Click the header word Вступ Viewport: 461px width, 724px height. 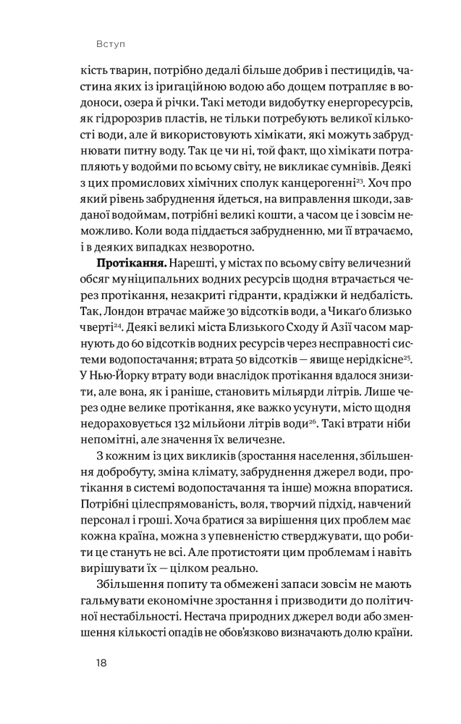pos(111,43)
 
